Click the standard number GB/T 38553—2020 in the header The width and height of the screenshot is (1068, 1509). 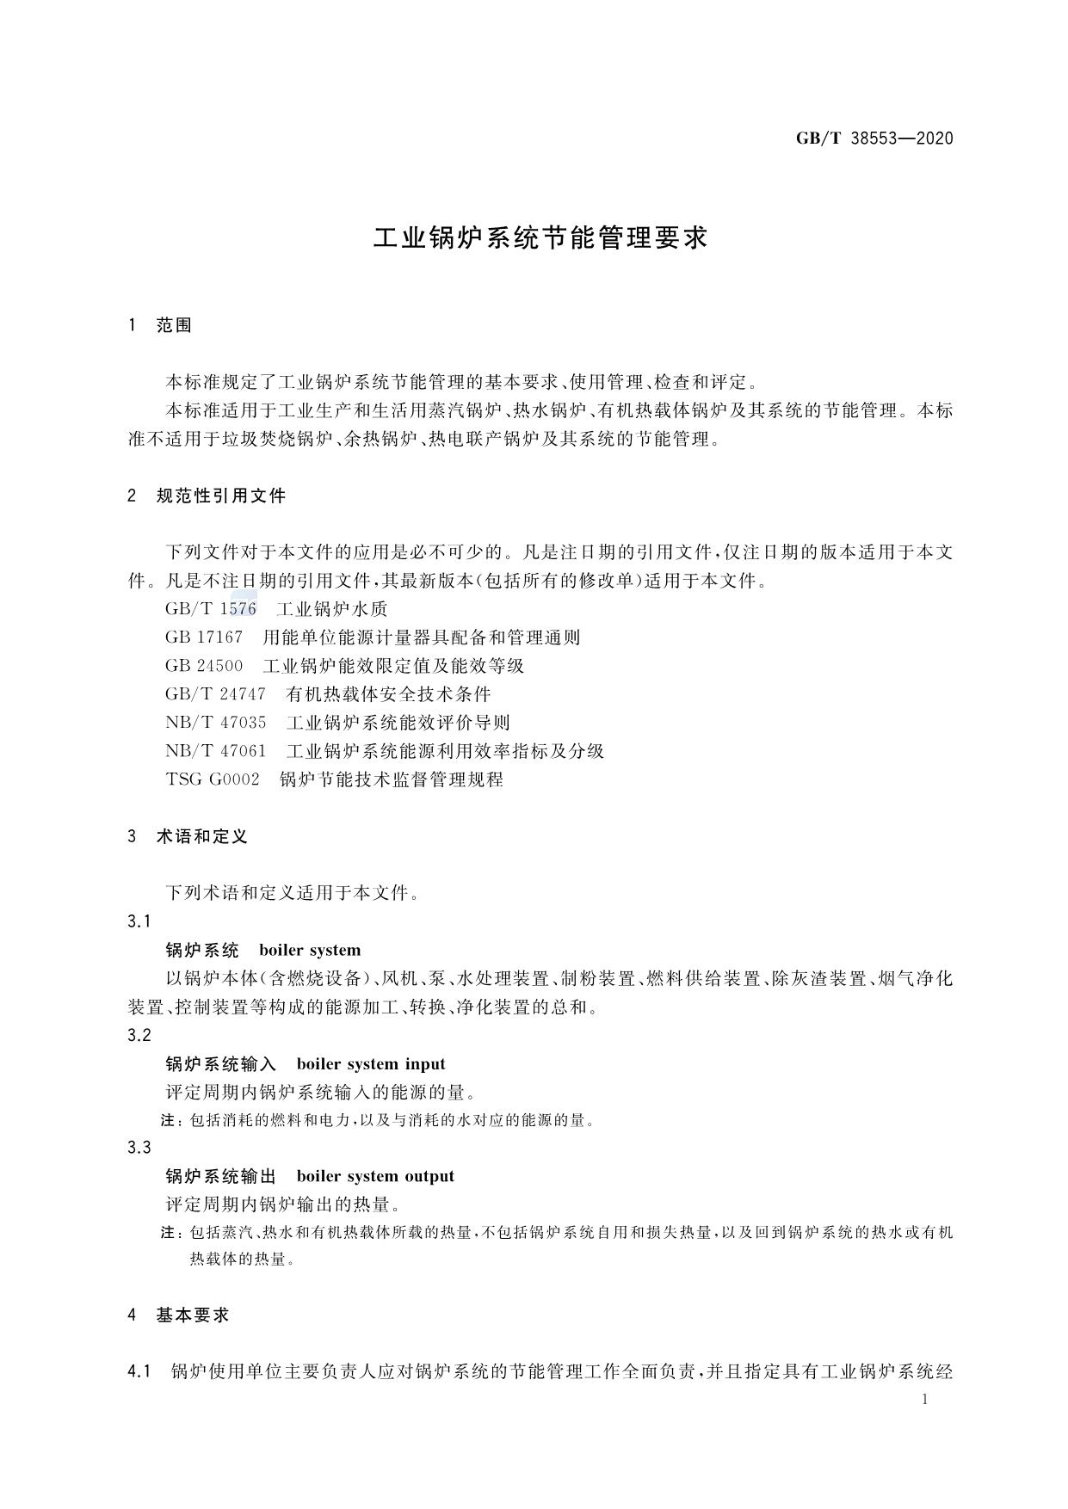874,139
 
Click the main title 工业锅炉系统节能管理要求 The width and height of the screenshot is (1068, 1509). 540,238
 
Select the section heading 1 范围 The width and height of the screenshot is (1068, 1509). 160,325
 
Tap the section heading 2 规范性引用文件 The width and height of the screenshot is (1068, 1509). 207,496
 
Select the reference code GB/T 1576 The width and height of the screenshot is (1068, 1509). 211,609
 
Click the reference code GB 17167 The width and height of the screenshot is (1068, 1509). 204,637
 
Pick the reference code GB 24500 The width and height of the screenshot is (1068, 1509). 204,666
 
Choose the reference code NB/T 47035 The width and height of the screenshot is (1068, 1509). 216,723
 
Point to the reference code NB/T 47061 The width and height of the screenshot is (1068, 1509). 216,751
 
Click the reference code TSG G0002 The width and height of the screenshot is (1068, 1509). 212,779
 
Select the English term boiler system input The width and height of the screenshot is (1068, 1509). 371,1064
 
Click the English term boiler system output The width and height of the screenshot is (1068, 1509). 375,1176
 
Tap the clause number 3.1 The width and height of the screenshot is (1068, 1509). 139,921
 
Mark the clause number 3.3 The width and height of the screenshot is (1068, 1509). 139,1148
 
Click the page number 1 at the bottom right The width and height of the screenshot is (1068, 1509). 925,1400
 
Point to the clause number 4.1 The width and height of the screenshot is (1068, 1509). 139,1371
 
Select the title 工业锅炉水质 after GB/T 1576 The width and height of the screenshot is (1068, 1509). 332,609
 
